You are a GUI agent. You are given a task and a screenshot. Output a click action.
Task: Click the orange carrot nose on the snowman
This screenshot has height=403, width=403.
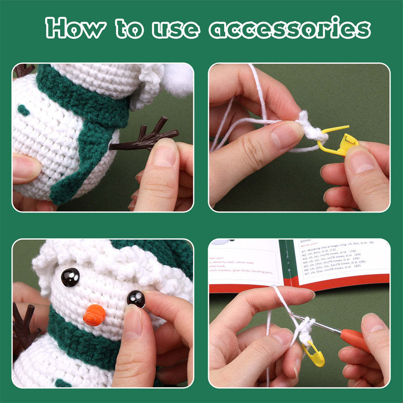94,315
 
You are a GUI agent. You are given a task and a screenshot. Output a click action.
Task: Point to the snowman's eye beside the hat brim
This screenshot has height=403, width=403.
70,277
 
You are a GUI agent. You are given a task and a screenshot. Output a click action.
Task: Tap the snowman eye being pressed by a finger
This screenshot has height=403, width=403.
136,299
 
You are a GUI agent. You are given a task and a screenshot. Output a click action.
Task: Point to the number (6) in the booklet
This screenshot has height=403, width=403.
371,242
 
